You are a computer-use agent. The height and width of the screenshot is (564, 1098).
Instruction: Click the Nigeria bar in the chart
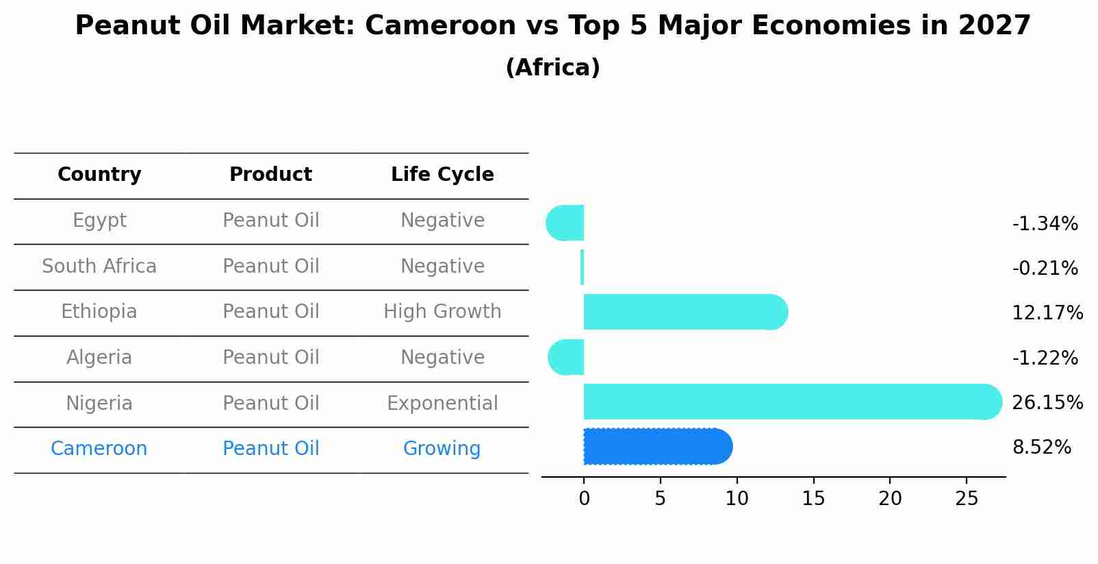pos(787,402)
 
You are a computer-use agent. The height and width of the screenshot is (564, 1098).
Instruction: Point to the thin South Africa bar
pos(582,267)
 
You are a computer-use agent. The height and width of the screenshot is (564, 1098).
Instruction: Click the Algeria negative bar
pos(567,357)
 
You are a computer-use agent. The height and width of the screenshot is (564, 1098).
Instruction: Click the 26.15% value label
pos(1047,402)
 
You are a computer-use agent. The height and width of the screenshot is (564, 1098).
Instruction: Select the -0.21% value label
pos(1045,268)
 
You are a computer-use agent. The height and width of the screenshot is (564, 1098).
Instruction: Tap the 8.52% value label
pos(1041,447)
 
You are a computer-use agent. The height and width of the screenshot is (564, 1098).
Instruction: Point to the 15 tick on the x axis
pos(813,499)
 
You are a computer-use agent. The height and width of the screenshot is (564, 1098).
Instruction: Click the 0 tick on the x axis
pos(584,499)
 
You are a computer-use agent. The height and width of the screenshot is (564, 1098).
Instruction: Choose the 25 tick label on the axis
pos(967,499)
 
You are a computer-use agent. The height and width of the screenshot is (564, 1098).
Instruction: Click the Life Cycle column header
pos(442,175)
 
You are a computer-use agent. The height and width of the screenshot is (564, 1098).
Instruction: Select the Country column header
pos(99,175)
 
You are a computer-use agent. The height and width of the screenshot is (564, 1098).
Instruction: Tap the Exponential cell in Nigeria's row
pos(442,403)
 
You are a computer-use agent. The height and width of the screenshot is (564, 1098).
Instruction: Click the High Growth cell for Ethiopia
pos(442,312)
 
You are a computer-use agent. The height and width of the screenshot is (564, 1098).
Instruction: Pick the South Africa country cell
pos(99,266)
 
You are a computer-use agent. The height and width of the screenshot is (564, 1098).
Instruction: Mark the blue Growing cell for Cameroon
pos(442,449)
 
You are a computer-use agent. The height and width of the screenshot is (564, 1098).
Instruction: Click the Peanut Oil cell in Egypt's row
pos(271,221)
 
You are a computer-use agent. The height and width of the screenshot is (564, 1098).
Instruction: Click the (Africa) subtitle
pos(552,68)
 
